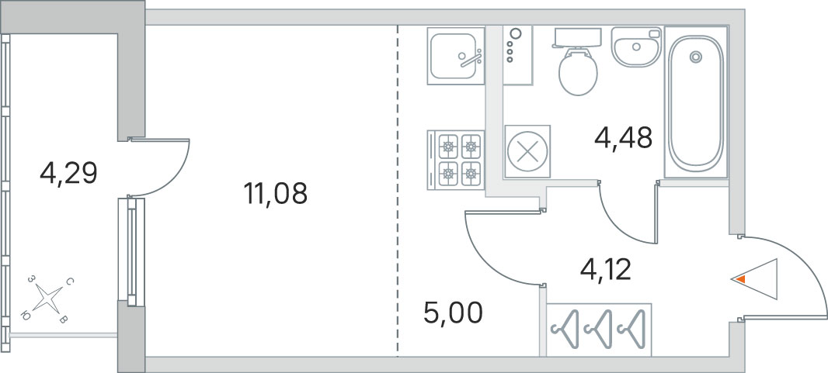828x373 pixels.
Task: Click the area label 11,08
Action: tap(275, 193)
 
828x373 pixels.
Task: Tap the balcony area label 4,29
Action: tap(68, 173)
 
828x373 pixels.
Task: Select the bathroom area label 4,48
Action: tap(623, 139)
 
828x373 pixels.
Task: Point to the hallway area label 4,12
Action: tap(606, 271)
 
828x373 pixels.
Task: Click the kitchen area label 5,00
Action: tap(453, 313)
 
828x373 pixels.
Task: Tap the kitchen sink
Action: tap(456, 56)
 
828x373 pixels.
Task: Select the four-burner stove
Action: tap(456, 160)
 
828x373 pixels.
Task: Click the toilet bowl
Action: tap(578, 72)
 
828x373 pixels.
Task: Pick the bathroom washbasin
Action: tap(636, 47)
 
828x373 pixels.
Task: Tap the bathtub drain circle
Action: tap(695, 57)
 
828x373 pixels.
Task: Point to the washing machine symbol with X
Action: tap(527, 151)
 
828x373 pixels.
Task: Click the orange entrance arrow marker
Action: tap(741, 279)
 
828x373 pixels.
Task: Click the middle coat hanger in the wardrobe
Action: tap(598, 330)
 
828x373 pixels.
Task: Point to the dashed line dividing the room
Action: tap(398, 191)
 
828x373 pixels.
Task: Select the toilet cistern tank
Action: tap(577, 38)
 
